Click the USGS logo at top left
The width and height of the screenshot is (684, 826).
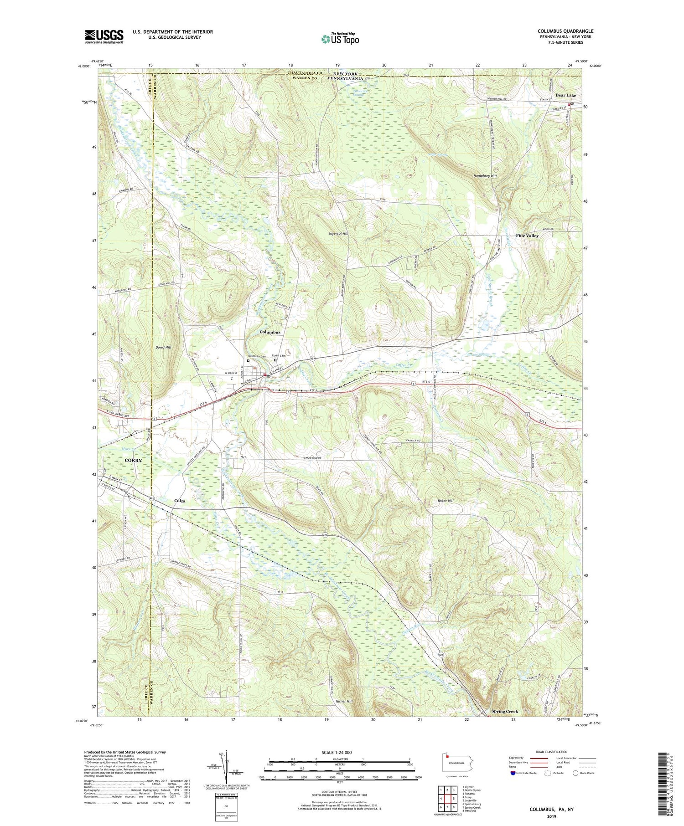[104, 36]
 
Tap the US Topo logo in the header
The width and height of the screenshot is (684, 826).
[339, 39]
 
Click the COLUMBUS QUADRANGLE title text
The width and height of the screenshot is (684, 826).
[565, 31]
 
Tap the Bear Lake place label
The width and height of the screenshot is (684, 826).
[565, 95]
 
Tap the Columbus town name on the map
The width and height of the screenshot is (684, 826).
[270, 332]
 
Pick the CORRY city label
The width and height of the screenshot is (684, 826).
[133, 461]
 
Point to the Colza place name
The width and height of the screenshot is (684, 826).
[180, 501]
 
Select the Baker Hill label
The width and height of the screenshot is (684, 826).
[446, 501]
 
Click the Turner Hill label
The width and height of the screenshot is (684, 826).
[344, 701]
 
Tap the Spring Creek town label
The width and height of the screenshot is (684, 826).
[504, 711]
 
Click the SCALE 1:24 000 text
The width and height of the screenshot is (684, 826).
[339, 752]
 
